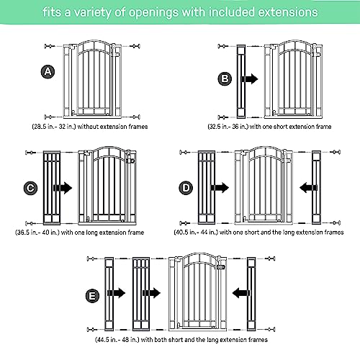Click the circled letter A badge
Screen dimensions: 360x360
click(48, 72)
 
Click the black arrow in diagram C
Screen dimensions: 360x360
click(63, 188)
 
